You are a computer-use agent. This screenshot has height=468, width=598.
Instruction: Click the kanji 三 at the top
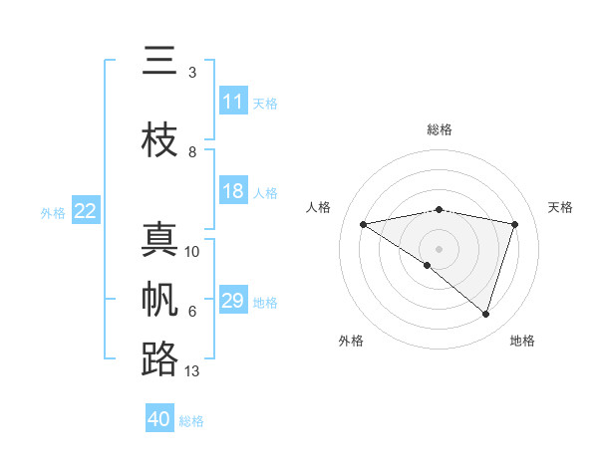(x=158, y=62)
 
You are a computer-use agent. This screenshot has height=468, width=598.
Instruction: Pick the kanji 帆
(x=158, y=300)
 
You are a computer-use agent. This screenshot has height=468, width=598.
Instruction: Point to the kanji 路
(x=158, y=358)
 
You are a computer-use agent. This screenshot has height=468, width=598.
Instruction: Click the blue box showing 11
(x=233, y=102)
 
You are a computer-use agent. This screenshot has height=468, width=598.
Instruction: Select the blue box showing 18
(x=233, y=191)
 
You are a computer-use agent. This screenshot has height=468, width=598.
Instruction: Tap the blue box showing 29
(x=233, y=301)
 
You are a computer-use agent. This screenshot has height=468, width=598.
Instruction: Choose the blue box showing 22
(x=86, y=211)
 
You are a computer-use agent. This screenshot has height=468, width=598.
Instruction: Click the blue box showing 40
(x=159, y=419)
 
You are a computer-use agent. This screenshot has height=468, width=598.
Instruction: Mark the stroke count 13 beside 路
(x=192, y=371)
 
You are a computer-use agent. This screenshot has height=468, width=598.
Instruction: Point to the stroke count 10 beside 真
(x=192, y=252)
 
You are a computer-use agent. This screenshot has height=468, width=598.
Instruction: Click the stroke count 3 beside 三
(x=192, y=73)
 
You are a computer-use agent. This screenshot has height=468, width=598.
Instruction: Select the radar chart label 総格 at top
(x=439, y=129)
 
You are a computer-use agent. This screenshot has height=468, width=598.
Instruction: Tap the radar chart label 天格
(x=560, y=207)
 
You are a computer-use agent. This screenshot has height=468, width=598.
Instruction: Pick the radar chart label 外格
(x=351, y=341)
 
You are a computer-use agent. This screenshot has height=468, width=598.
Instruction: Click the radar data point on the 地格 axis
(x=485, y=315)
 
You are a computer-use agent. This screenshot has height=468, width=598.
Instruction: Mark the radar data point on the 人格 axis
(x=363, y=224)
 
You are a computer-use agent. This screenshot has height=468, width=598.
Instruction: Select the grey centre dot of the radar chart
(x=439, y=248)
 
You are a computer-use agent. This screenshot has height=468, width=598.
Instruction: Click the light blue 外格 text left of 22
(x=53, y=212)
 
